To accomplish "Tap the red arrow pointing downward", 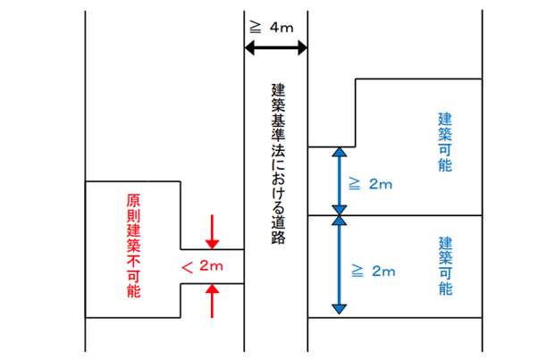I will [x=212, y=231].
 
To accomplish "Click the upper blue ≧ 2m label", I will [x=370, y=184].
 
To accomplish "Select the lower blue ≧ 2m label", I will [x=370, y=270].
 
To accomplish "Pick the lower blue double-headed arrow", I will [x=339, y=265].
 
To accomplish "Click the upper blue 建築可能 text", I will [x=445, y=142].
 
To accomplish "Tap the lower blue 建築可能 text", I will [x=445, y=266].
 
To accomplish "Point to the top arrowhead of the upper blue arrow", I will [x=339, y=153].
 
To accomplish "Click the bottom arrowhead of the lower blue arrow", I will [x=339, y=309].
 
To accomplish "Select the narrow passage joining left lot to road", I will [x=212, y=266].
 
